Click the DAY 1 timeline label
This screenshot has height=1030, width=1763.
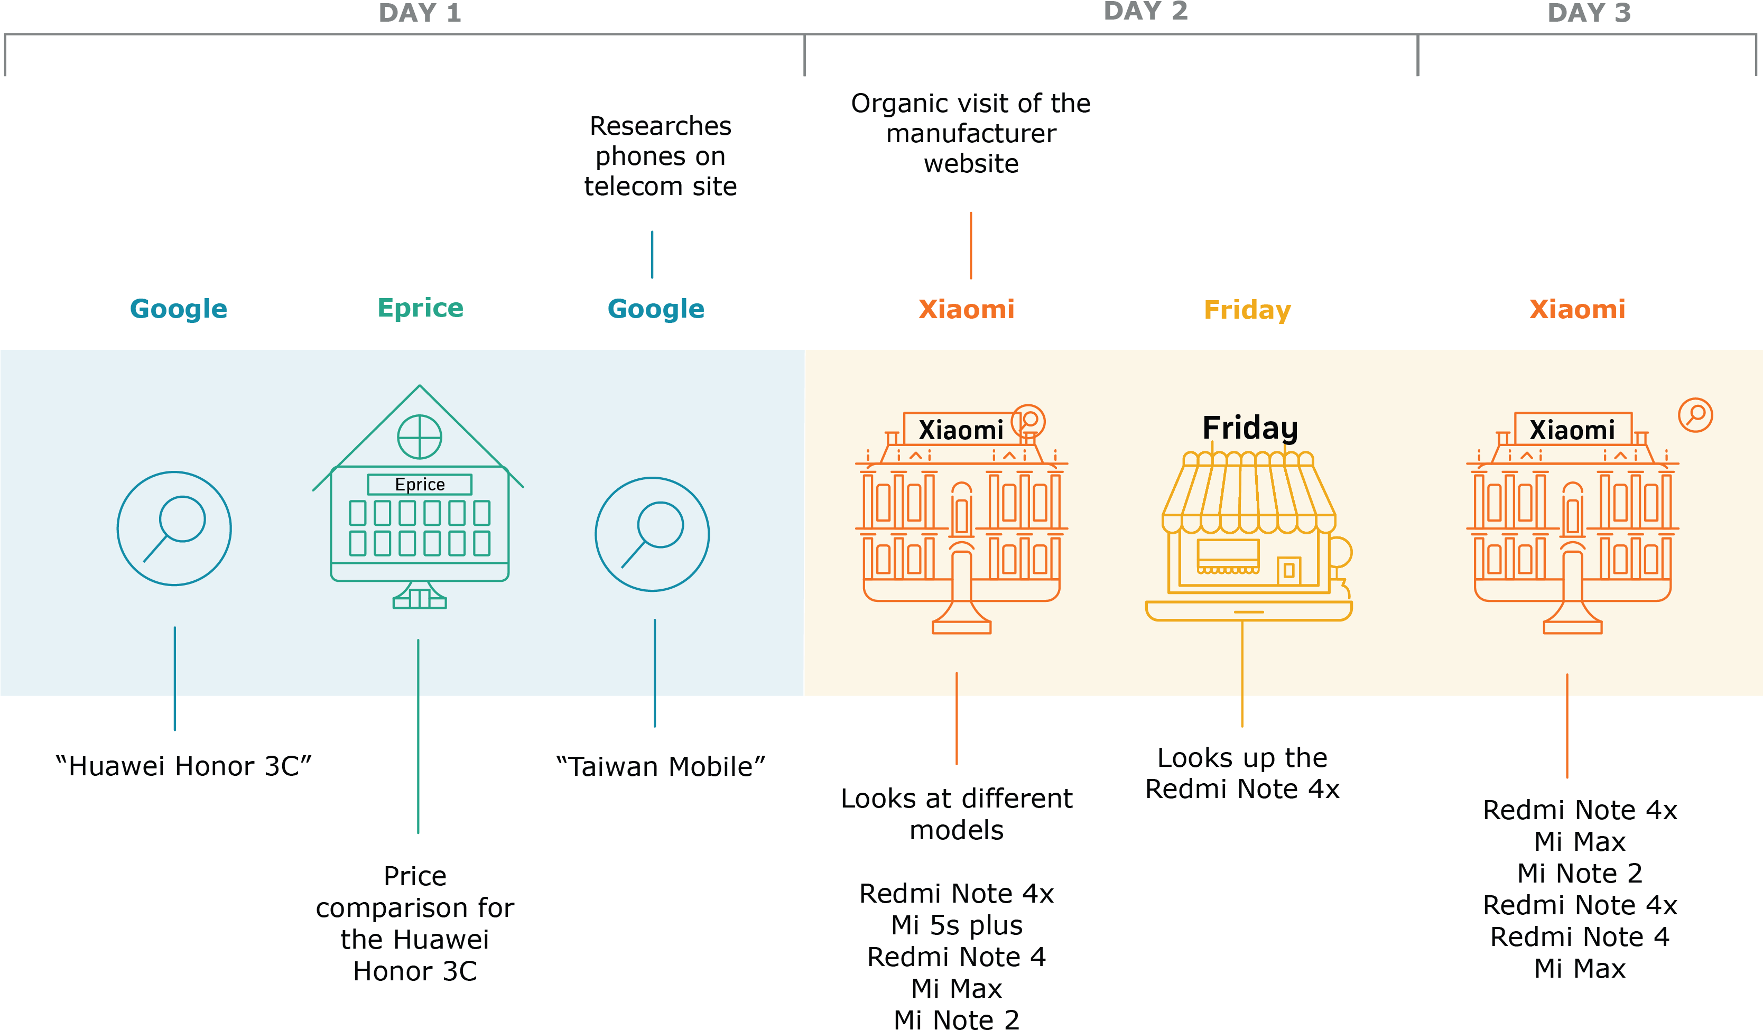pyautogui.click(x=420, y=13)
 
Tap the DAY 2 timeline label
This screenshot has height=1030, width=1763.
pyautogui.click(x=1145, y=11)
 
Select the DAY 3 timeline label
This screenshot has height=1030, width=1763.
pyautogui.click(x=1589, y=13)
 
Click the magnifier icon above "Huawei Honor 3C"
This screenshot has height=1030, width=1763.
pyautogui.click(x=174, y=528)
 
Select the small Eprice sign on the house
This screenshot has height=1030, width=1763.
pyautogui.click(x=420, y=484)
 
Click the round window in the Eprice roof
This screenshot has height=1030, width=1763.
pyautogui.click(x=420, y=437)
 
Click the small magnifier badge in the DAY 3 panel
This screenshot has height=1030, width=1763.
pyautogui.click(x=1696, y=415)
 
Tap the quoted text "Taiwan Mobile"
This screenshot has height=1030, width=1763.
pyautogui.click(x=661, y=767)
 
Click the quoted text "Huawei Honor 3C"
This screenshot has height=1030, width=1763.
pyautogui.click(x=183, y=766)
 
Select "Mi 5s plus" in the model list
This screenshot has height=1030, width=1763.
pyautogui.click(x=957, y=925)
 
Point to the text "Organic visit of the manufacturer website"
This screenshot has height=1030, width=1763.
pyautogui.click(x=971, y=133)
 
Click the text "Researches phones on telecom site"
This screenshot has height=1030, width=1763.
pyautogui.click(x=661, y=156)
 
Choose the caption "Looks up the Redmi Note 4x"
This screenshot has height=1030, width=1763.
pyautogui.click(x=1242, y=773)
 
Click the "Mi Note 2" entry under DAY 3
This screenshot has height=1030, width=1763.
pyautogui.click(x=1580, y=873)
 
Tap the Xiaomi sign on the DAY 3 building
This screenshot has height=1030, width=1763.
pyautogui.click(x=1573, y=430)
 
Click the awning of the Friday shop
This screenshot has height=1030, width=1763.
pyautogui.click(x=1249, y=493)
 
